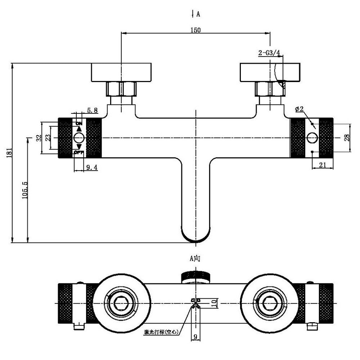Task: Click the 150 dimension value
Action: click(195, 30)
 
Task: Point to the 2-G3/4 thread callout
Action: click(269, 53)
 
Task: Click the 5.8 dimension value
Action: click(92, 111)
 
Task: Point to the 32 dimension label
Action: click(39, 138)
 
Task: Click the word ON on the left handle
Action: click(79, 123)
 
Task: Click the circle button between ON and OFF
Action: click(79, 138)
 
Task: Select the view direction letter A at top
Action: click(198, 14)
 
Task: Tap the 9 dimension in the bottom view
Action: click(195, 337)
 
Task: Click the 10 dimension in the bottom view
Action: click(213, 303)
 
